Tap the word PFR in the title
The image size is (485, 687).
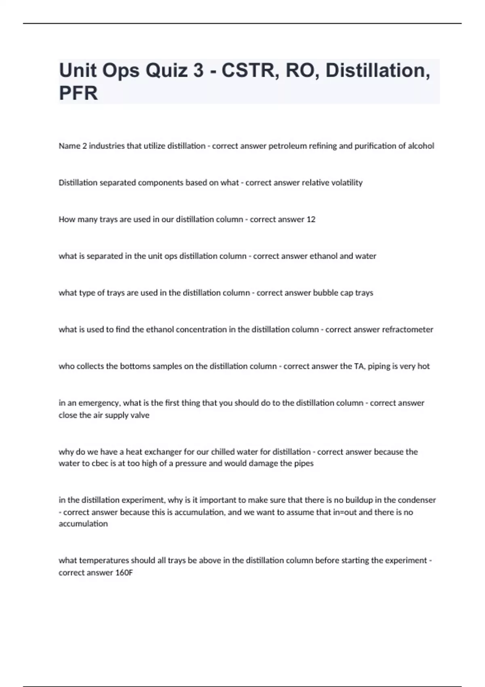point(78,93)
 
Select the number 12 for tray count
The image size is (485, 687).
point(311,219)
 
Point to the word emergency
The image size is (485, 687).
point(99,403)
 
